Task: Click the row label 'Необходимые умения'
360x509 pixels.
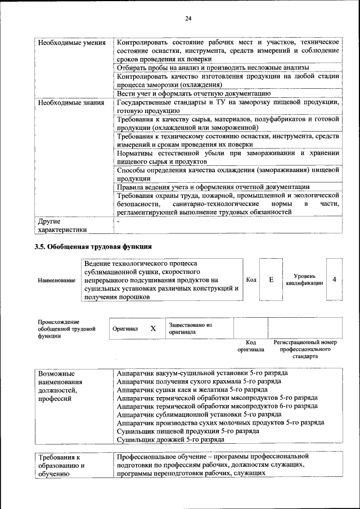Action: coord(71,43)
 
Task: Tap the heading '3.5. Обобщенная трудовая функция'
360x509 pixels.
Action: coord(93,246)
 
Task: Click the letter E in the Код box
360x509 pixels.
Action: coord(271,279)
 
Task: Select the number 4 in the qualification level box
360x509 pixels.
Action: coord(335,279)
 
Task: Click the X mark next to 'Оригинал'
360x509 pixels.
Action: coord(153,328)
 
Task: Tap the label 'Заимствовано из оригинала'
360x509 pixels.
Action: coord(190,328)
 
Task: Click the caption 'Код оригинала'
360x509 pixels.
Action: coord(251,345)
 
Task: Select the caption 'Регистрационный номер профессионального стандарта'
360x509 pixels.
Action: coord(305,349)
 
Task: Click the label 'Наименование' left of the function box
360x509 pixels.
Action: coord(57,280)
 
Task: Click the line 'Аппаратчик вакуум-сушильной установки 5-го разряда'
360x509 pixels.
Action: coord(202,373)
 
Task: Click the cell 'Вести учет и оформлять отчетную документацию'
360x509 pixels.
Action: coord(194,93)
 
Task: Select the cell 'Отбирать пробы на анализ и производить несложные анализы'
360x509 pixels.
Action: coord(213,67)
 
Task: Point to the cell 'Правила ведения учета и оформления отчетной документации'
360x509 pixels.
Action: coord(213,187)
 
